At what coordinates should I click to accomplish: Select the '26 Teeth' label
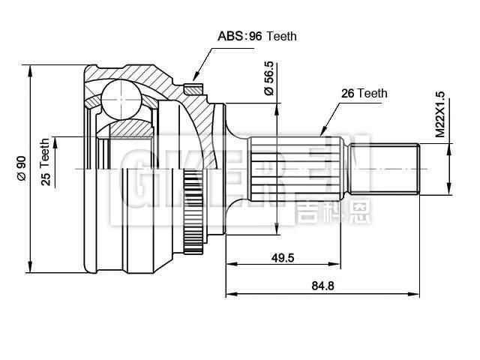coord(364,94)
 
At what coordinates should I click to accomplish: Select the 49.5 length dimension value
coord(282,257)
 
